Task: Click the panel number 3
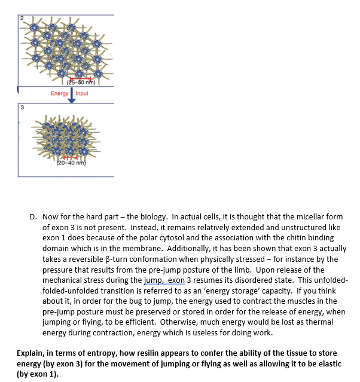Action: tap(22, 108)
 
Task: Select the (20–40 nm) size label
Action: tap(72, 164)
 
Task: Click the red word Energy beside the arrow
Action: tap(60, 93)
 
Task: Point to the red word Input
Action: tap(82, 93)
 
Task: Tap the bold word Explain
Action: tap(31, 352)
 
